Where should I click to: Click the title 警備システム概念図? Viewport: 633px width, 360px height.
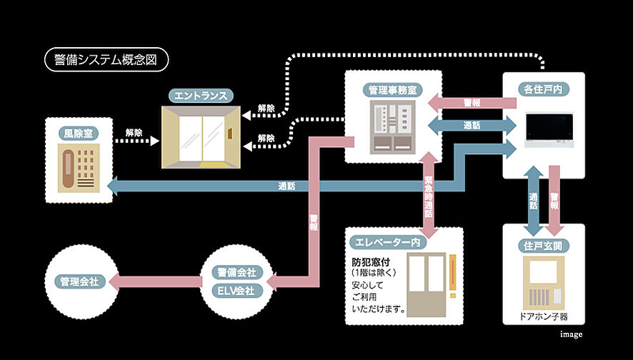pyautogui.click(x=106, y=60)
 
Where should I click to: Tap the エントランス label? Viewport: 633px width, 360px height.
pyautogui.click(x=202, y=96)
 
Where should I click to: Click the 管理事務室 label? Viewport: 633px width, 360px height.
pyautogui.click(x=392, y=90)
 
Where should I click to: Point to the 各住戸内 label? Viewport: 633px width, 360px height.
pyautogui.click(x=543, y=90)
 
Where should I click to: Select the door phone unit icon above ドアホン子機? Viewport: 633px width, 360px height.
pyautogui.click(x=544, y=281)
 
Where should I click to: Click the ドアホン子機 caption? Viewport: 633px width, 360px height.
pyautogui.click(x=544, y=315)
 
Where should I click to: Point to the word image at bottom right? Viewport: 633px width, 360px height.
pyautogui.click(x=571, y=334)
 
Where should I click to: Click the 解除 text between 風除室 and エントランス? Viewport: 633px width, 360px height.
pyautogui.click(x=134, y=132)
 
